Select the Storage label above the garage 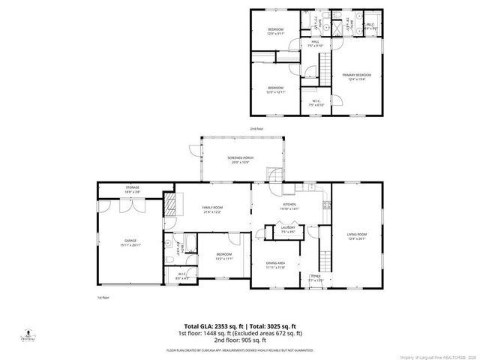(x=133, y=190)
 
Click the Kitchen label (x=289, y=205)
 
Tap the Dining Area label (x=276, y=263)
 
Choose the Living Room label (x=356, y=237)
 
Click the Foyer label (x=315, y=279)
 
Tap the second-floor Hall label (x=316, y=43)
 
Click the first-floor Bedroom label (x=223, y=256)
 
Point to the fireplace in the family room (x=172, y=203)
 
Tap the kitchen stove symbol (x=325, y=204)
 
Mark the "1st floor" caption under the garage (x=103, y=298)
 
